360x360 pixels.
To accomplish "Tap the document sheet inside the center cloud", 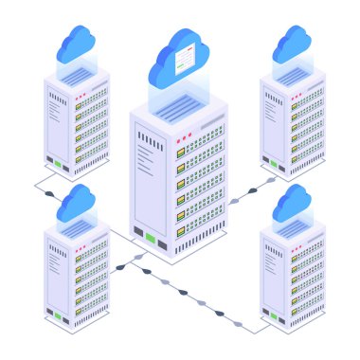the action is (186, 60).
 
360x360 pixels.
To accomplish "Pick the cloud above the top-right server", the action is (293, 42).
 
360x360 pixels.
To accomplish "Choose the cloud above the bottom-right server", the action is (293, 203).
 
